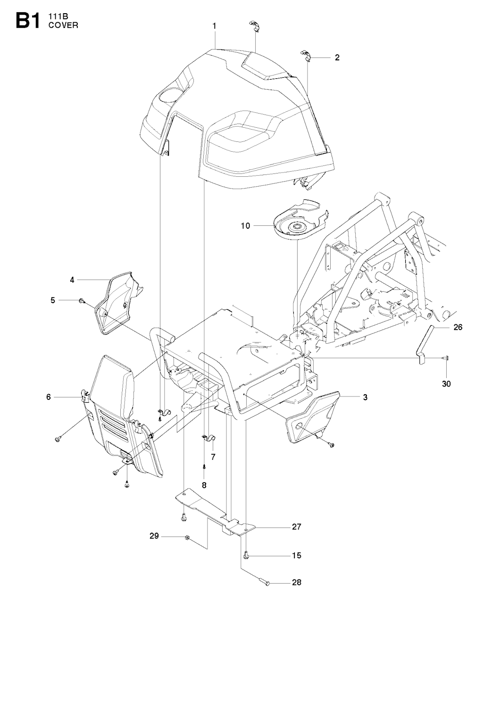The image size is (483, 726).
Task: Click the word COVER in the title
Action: click(64, 25)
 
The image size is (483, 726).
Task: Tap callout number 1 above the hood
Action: click(215, 26)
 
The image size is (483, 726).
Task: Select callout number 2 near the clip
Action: click(337, 58)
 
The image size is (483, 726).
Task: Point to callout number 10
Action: click(246, 225)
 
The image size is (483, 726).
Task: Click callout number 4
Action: click(72, 280)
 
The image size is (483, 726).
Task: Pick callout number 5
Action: click(53, 300)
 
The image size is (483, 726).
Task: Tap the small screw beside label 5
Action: click(82, 301)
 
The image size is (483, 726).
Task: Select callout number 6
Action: click(49, 397)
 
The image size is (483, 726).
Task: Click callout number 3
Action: click(365, 397)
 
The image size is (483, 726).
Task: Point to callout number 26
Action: click(458, 327)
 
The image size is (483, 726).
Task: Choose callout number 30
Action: click(446, 384)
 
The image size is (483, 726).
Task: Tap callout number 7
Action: click(213, 457)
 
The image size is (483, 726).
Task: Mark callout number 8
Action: click(204, 485)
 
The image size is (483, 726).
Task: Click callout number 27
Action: click(297, 527)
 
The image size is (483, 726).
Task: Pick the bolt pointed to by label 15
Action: click(246, 555)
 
